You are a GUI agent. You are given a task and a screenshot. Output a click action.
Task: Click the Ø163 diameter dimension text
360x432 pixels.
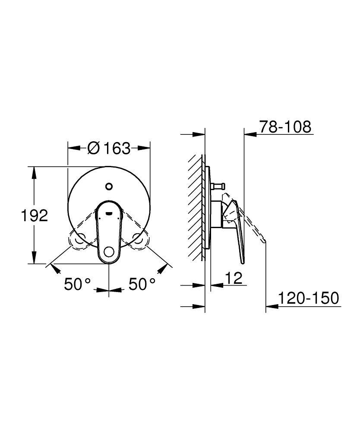pos(108,148)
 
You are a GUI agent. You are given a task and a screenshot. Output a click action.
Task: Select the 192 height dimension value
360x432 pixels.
pos(35,215)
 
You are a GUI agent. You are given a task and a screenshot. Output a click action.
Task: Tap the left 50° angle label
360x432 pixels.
pos(78,284)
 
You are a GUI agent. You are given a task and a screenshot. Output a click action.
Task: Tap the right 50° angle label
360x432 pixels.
pos(142,284)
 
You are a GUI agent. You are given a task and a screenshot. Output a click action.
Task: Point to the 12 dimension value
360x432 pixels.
pos(234,278)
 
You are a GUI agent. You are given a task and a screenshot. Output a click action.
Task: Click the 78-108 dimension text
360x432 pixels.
pos(285,127)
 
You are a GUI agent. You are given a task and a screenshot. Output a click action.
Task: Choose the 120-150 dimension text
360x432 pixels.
pos(308,298)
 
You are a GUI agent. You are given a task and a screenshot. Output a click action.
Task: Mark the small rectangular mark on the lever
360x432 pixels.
pos(109,212)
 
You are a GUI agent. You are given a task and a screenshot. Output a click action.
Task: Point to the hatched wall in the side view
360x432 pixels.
pos(196,207)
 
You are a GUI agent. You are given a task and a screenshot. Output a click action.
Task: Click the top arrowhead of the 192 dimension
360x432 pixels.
pos(34,170)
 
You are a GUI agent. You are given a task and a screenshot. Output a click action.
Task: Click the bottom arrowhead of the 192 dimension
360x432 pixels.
pos(34,260)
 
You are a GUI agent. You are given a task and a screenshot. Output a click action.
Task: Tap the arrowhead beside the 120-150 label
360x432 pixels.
pos(271,306)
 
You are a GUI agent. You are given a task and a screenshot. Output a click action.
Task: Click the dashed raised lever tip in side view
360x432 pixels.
pos(264,240)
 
